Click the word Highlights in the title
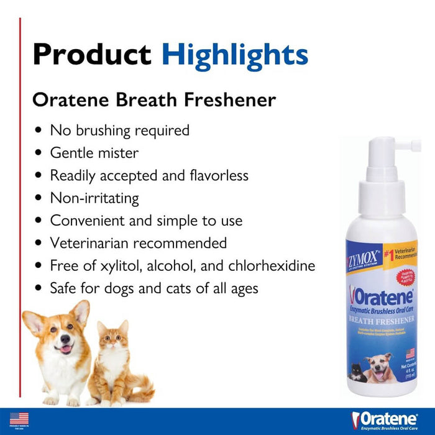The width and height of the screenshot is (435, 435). (235, 54)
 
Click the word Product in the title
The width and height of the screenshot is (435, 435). (93, 54)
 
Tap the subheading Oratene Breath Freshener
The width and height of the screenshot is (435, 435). (154, 99)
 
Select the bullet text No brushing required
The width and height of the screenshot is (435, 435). (120, 130)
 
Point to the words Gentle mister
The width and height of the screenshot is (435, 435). (94, 153)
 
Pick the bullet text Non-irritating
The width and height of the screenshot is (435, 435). (94, 198)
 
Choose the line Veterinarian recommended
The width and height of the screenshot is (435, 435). (139, 243)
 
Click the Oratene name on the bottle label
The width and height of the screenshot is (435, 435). (380, 293)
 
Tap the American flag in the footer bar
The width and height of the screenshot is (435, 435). (19, 419)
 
